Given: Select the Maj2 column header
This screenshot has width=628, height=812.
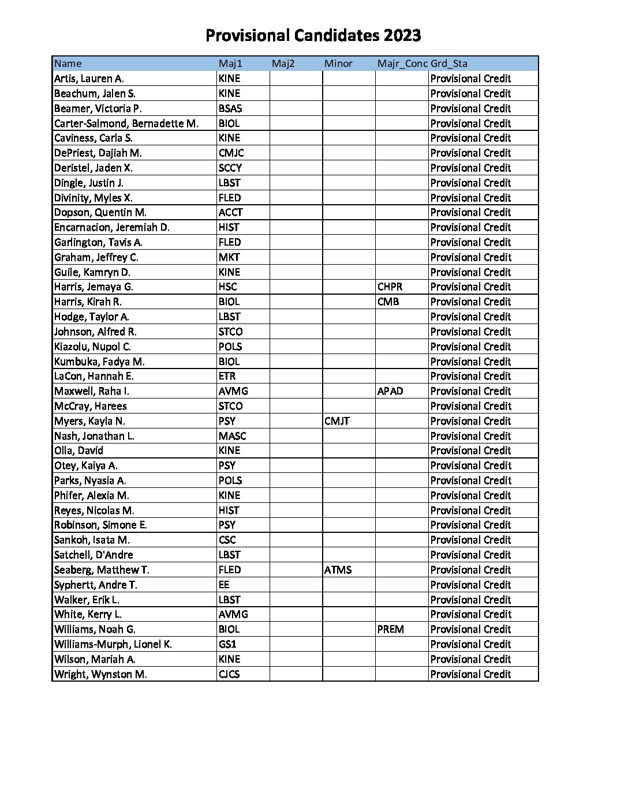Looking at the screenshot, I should [283, 63].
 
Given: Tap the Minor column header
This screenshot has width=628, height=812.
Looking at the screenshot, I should [338, 63].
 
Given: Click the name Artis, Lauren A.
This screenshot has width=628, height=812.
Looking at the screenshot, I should [89, 78].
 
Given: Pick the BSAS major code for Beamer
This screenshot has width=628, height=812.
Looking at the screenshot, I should [230, 108].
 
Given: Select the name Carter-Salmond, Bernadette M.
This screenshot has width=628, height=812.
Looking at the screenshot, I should [126, 123].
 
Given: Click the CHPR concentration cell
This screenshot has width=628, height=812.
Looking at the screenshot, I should [390, 287].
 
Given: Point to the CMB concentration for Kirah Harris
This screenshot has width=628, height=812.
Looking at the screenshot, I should [388, 302].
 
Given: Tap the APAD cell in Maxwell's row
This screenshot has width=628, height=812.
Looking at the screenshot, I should [390, 391].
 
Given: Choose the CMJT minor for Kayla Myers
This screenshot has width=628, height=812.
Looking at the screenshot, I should [337, 421].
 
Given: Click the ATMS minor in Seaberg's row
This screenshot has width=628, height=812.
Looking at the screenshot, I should [338, 570].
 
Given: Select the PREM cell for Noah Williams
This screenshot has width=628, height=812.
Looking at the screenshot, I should [391, 629].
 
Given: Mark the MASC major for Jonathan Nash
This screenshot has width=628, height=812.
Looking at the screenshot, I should [232, 436].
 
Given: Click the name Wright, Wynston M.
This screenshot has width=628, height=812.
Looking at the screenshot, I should [100, 674].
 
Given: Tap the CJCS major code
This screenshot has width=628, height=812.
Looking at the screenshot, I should [229, 674].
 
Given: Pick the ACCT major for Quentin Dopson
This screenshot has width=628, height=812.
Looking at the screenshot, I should [230, 212].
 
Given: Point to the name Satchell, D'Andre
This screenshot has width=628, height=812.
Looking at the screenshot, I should [94, 555].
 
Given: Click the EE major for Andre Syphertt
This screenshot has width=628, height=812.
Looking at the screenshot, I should [224, 585].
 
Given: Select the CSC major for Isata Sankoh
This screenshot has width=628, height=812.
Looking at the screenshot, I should [227, 540].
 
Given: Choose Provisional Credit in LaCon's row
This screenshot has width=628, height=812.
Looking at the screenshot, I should [470, 376].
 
